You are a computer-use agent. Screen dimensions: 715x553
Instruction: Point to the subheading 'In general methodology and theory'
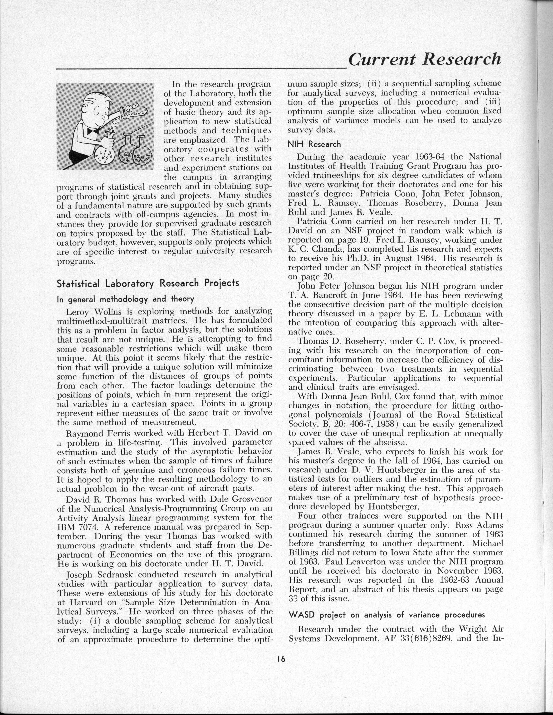pos(125,299)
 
